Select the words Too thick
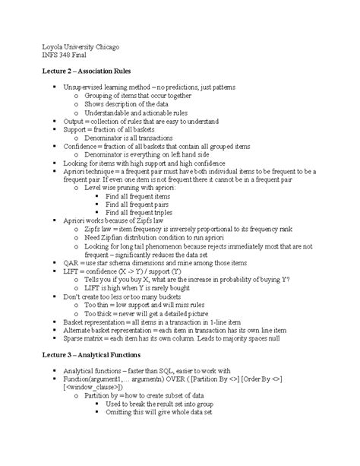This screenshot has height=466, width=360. click(x=101, y=312)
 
